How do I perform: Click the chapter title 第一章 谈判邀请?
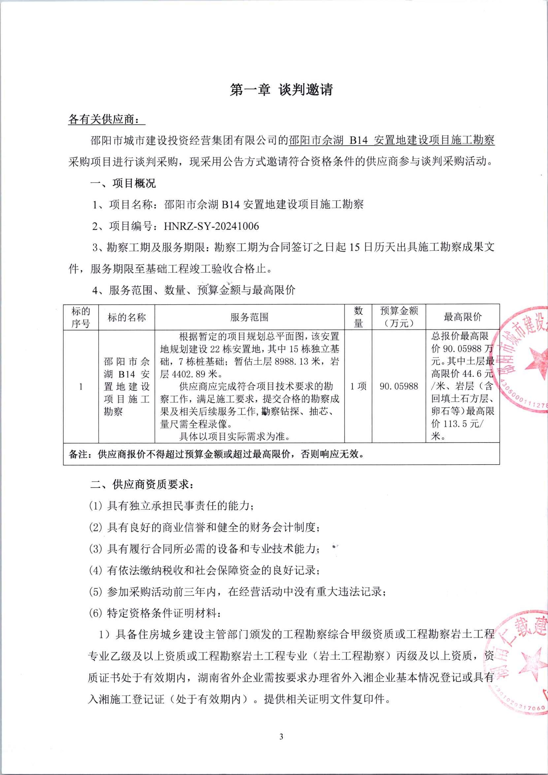281,90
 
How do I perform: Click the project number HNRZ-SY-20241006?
211,226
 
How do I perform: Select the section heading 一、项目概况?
123,183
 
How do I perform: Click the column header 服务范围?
249,317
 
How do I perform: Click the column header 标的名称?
127,317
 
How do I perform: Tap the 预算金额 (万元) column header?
399,317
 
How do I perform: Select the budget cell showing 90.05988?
399,386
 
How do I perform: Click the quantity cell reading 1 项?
358,386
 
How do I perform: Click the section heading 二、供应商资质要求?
142,485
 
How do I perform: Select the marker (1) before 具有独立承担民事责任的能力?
95,506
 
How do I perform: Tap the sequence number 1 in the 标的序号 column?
81,386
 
